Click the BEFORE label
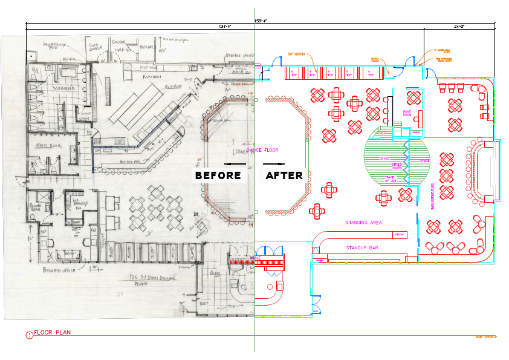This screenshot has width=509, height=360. pyautogui.click(x=218, y=175)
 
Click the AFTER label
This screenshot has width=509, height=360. pyautogui.click(x=284, y=175)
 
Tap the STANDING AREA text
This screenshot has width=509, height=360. pyautogui.click(x=363, y=223)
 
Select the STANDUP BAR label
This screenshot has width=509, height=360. pyautogui.click(x=362, y=248)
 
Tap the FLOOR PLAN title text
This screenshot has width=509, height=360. pyautogui.click(x=52, y=332)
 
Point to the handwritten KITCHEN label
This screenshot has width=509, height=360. pyautogui.click(x=151, y=77)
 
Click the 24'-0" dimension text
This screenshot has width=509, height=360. pyautogui.click(x=460, y=26)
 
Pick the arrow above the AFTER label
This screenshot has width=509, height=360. pyautogui.click(x=276, y=164)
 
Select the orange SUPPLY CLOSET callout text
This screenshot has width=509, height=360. pyautogui.click(x=375, y=59)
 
